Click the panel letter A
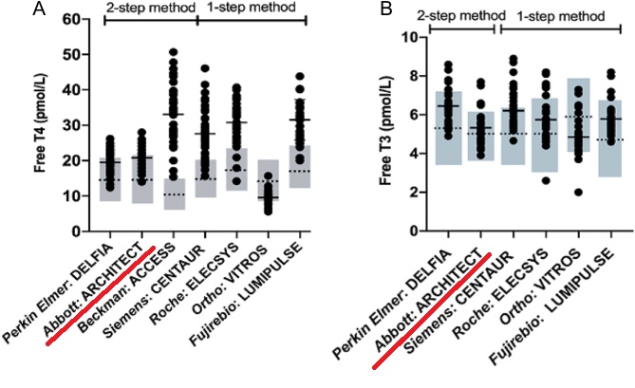point(12,9)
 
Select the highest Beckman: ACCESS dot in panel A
point(173,51)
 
